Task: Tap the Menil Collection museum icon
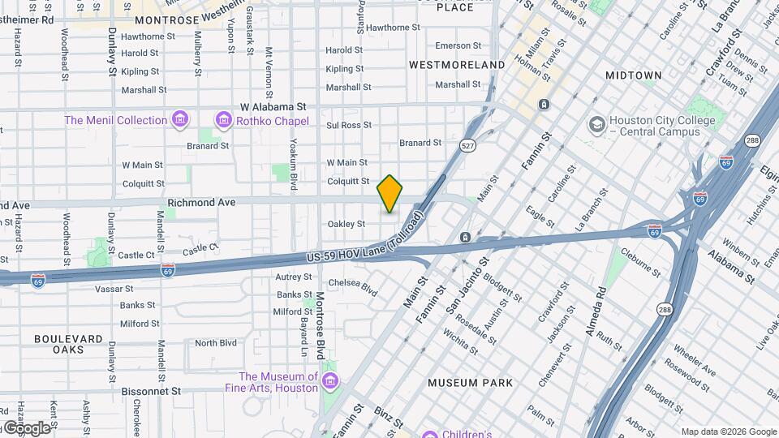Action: (181, 121)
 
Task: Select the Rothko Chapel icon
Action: (223, 121)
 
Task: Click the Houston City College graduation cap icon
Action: (597, 125)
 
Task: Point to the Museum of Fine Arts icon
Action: (329, 381)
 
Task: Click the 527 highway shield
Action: (467, 146)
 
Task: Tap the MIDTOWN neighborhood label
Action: (633, 75)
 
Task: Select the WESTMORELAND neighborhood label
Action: (457, 64)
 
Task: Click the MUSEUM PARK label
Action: (470, 382)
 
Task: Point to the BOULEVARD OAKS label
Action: (68, 344)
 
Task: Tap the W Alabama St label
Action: (273, 106)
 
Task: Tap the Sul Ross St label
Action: (348, 125)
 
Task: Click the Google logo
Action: (26, 427)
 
